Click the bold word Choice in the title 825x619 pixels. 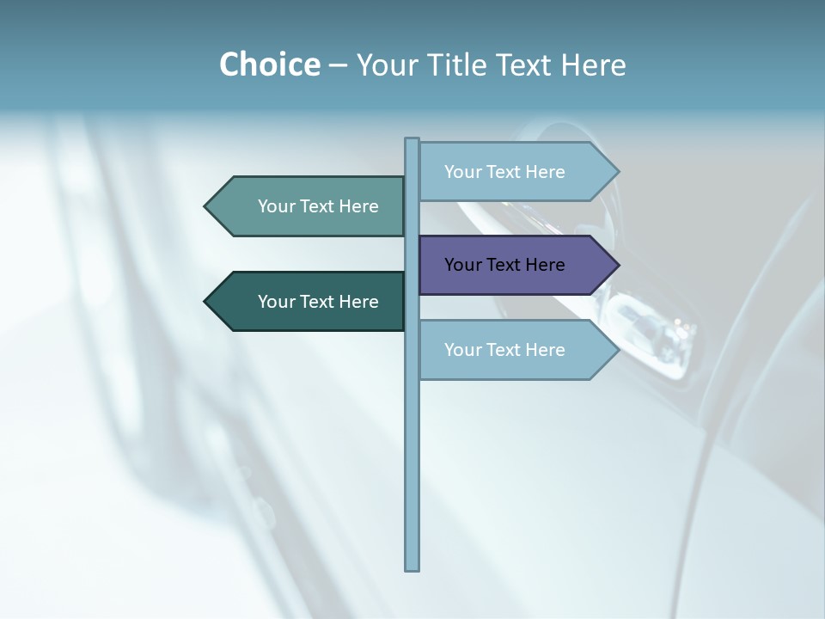269,64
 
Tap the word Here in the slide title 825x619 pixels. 593,64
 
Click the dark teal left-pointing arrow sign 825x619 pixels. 309,302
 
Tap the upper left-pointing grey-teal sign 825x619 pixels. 309,206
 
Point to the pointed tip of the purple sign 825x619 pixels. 617,265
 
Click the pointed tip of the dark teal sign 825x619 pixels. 206,302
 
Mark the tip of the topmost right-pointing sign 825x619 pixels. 617,172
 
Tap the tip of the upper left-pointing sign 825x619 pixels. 206,206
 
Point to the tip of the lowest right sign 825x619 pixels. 617,350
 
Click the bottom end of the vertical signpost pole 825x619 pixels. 412,567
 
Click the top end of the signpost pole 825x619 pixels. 412,141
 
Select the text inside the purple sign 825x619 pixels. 504,265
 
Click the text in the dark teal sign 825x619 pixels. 318,302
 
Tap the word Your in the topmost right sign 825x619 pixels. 462,172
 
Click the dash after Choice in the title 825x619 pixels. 338,65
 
